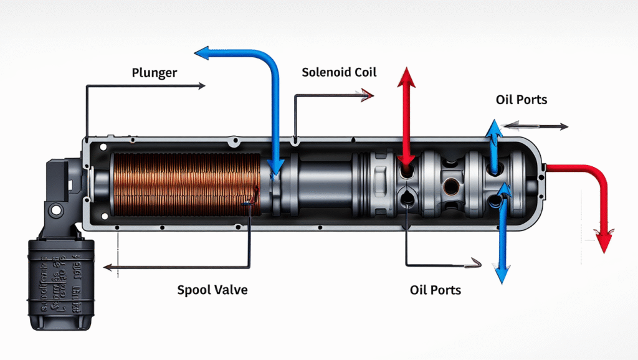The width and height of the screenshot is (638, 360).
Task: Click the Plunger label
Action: coord(155,73)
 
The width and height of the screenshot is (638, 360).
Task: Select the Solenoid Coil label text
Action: coord(339,72)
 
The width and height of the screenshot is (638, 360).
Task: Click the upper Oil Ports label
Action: coord(521,100)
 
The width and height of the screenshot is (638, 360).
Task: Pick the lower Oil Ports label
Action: coord(436,290)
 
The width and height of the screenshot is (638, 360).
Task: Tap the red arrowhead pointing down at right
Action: coord(603,241)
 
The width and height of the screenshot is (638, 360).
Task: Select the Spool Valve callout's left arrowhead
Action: coord(108,267)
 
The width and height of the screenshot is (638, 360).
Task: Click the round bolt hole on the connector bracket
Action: coord(55,210)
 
